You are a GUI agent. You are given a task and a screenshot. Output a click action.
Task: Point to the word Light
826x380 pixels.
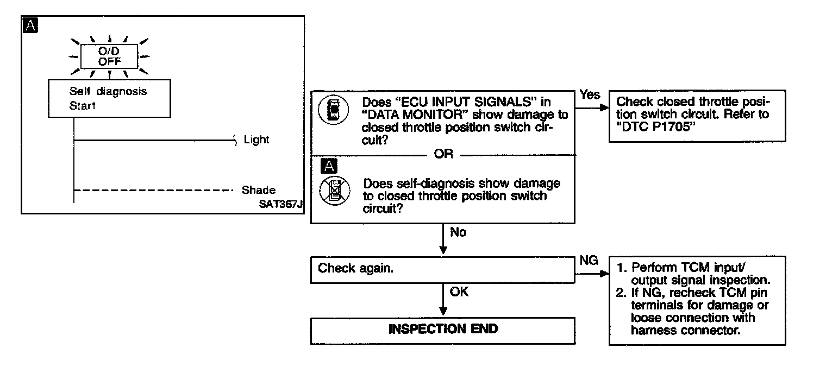[256, 140]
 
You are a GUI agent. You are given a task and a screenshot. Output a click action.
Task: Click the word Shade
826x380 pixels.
[259, 191]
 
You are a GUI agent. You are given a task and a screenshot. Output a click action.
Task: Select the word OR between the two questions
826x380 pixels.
[443, 154]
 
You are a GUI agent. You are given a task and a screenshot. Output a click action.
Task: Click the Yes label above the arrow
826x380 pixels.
[590, 95]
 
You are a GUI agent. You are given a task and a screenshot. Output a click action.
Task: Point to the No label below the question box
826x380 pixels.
[458, 232]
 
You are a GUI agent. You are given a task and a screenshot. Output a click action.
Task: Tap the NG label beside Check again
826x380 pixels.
[589, 261]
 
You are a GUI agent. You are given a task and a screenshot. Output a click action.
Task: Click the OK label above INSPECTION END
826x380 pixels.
[459, 292]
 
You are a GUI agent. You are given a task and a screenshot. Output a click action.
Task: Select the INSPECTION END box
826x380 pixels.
[442, 330]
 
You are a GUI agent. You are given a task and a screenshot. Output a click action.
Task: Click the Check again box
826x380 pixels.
[442, 269]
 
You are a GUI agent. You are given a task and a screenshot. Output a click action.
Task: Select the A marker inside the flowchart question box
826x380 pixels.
[327, 166]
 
